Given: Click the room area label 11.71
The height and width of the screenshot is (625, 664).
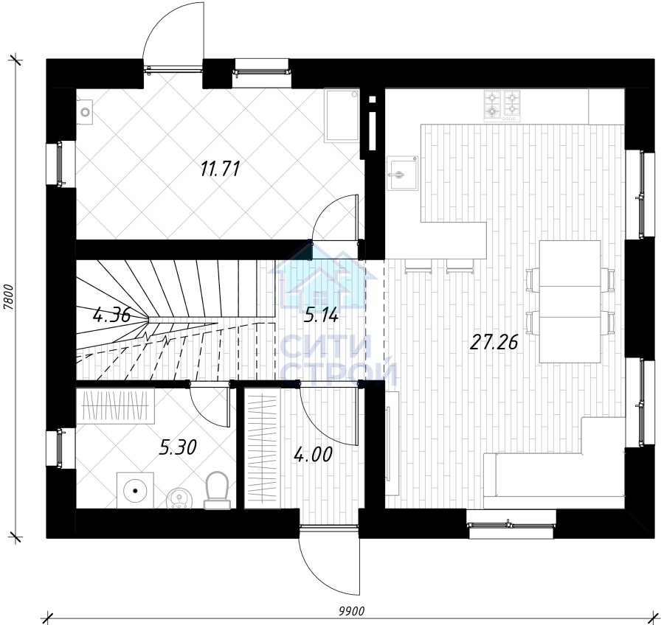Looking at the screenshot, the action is tap(220, 169).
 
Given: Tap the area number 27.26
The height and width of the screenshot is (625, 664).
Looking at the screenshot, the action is tap(494, 343).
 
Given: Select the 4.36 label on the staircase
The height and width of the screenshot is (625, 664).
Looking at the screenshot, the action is tap(111, 315).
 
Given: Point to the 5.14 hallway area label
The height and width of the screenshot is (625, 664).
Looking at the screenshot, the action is tap(321, 315).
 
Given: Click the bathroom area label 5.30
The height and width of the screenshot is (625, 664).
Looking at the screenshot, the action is tap(178, 447).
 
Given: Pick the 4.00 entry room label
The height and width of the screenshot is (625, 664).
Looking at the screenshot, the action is tap(313, 455).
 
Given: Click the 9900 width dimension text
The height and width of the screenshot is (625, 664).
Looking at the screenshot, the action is tap(351, 611).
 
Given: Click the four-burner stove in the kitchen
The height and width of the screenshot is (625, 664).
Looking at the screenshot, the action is tap(502, 105).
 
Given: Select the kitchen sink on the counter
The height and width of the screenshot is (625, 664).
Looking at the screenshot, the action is tap(402, 173).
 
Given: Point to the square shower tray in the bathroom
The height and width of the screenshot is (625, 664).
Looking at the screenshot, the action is tap(135, 489).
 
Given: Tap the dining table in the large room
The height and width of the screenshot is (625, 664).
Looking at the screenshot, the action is tap(570, 301).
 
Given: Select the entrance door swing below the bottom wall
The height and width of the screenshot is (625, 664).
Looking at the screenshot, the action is tap(329, 562).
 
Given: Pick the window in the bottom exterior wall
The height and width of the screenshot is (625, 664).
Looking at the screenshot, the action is tap(511, 525).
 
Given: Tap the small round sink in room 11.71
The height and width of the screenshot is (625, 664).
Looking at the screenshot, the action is tap(86, 112).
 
